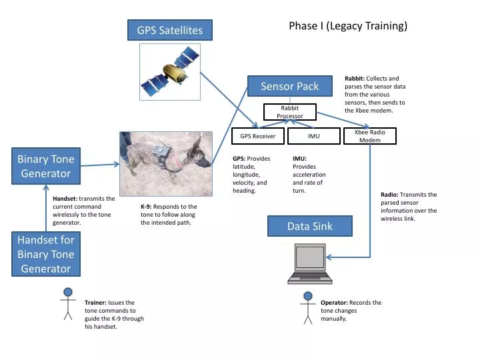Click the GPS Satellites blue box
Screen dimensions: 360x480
tap(169, 30)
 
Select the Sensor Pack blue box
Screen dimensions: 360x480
tap(289, 86)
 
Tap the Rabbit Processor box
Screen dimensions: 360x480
tap(289, 112)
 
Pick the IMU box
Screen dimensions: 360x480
tap(313, 136)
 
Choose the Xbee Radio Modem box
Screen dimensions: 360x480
tap(369, 136)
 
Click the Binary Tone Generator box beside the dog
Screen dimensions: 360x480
tap(45, 166)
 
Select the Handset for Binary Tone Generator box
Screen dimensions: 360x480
tap(45, 254)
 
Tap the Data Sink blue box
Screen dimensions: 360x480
tap(309, 227)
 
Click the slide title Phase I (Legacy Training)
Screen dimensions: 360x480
tap(347, 26)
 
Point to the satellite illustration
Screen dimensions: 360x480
tap(170, 72)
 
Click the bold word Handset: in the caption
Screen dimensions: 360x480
tap(65, 199)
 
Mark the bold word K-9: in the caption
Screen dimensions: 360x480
tap(145, 207)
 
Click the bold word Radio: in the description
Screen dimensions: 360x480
tap(389, 195)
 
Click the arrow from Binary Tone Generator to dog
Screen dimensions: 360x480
tap(100, 164)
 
